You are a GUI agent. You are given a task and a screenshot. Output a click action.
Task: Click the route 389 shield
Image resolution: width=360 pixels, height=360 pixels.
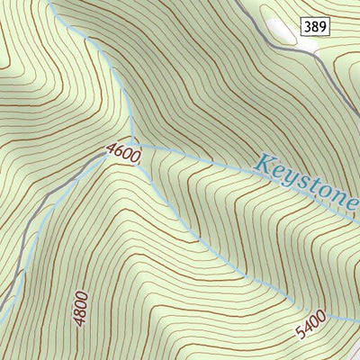[x=315, y=28]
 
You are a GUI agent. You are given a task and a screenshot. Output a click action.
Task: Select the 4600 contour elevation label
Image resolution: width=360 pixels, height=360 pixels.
[x=123, y=154]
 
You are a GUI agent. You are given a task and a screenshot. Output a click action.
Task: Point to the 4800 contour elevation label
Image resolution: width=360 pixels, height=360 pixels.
[x=82, y=308]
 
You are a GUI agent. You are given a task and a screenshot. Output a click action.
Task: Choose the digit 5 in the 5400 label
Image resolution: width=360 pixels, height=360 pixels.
[x=301, y=335]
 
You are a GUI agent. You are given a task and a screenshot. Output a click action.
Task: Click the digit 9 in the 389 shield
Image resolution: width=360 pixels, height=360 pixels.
[x=322, y=28]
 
